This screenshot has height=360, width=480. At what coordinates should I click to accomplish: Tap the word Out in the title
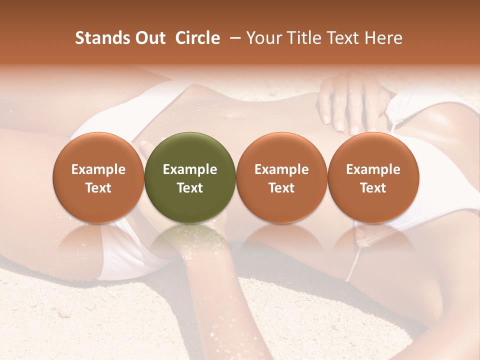tap(148, 38)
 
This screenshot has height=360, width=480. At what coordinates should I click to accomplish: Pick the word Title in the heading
tap(303, 38)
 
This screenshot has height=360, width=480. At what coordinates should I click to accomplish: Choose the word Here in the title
tap(383, 38)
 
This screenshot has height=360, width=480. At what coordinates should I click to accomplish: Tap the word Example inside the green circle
tap(190, 169)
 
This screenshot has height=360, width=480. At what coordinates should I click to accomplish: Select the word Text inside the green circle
tap(190, 188)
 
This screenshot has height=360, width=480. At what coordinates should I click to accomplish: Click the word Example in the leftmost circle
tap(98, 169)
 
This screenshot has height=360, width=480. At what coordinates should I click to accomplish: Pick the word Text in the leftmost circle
tap(98, 188)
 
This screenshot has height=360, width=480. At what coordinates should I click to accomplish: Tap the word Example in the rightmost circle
tap(373, 169)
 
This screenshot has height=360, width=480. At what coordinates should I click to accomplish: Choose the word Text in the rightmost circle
tap(373, 188)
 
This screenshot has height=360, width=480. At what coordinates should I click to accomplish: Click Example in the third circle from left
tap(281, 169)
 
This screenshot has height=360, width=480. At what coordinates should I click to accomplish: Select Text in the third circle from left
tap(281, 188)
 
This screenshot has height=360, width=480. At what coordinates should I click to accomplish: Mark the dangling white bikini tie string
tap(356, 260)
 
